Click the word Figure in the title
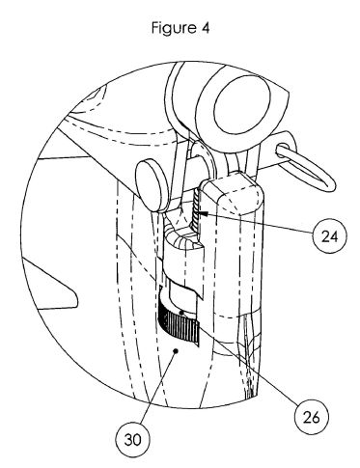[x=174, y=28]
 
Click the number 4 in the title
[x=206, y=28]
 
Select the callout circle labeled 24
[x=330, y=236]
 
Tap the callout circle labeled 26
[x=312, y=417]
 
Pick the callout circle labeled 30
[x=133, y=439]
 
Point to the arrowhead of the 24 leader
[x=203, y=213]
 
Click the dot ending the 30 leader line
[x=176, y=351]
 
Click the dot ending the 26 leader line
[x=182, y=313]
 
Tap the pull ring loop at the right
[x=306, y=166]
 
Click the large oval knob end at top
[x=241, y=105]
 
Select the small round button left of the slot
[x=151, y=185]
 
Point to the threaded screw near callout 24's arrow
[x=196, y=209]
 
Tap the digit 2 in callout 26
[x=307, y=417]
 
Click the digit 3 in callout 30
[x=128, y=440]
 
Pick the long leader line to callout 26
[x=240, y=358]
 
